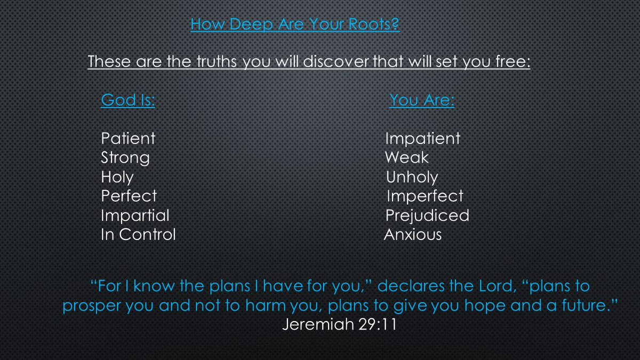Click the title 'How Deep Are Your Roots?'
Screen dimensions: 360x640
coord(295,25)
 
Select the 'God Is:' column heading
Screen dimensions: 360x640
coord(128,100)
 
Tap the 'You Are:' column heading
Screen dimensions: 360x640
coord(421,100)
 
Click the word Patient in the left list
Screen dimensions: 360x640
coord(128,139)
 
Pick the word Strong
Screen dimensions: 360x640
coord(125,158)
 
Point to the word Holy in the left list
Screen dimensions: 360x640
coord(117,177)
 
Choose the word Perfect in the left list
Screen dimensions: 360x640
coord(129,196)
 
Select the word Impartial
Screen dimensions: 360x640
coord(135,215)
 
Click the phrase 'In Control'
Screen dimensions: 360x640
coord(138,235)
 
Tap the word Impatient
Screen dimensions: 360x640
coord(422,139)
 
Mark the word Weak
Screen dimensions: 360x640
coord(406,158)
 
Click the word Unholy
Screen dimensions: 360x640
coord(412,177)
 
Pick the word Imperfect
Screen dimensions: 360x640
coord(425,196)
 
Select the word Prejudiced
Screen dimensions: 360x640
coord(427,215)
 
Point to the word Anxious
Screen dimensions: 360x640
coord(413,235)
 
